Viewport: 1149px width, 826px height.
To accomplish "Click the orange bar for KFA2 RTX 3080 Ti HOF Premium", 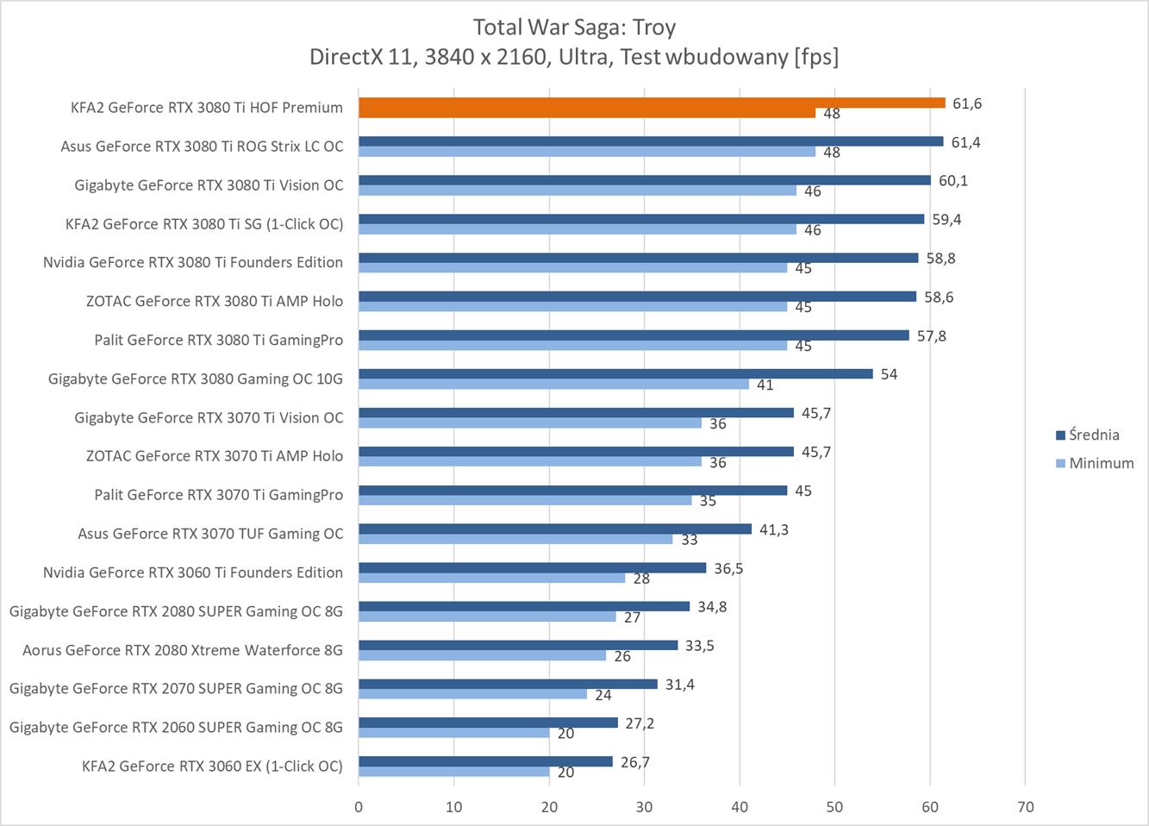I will [x=651, y=103].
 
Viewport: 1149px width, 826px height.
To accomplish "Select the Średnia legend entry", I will [x=1094, y=435].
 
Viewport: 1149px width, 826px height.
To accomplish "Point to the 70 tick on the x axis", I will [x=1025, y=807].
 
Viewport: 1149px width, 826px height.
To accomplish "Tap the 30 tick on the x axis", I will [x=644, y=807].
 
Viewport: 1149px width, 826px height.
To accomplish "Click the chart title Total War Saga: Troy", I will [x=574, y=27].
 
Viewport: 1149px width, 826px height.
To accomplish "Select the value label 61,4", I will [x=965, y=142].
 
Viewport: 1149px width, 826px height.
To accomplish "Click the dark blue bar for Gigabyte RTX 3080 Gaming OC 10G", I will [x=615, y=373].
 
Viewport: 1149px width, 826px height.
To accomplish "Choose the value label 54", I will [x=889, y=374].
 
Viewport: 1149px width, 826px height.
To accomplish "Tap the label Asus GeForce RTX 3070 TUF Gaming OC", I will [x=210, y=534].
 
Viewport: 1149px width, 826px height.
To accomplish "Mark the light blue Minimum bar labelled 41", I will [x=553, y=385].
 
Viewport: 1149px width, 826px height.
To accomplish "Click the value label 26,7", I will [x=635, y=762].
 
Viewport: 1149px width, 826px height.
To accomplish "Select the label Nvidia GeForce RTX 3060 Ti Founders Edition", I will [x=193, y=573].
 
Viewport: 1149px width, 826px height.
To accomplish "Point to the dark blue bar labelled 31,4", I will [x=508, y=684].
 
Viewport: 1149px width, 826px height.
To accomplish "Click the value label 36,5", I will [x=728, y=568].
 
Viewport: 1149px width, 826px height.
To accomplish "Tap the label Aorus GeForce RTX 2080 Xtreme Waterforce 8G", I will [x=183, y=650].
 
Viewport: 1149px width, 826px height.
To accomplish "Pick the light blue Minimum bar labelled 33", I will [x=515, y=539].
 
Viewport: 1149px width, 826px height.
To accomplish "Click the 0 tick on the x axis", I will [x=359, y=807].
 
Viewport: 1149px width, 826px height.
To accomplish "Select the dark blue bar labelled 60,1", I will [x=644, y=180].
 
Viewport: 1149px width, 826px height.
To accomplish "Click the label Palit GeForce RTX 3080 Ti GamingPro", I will [x=219, y=340].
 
